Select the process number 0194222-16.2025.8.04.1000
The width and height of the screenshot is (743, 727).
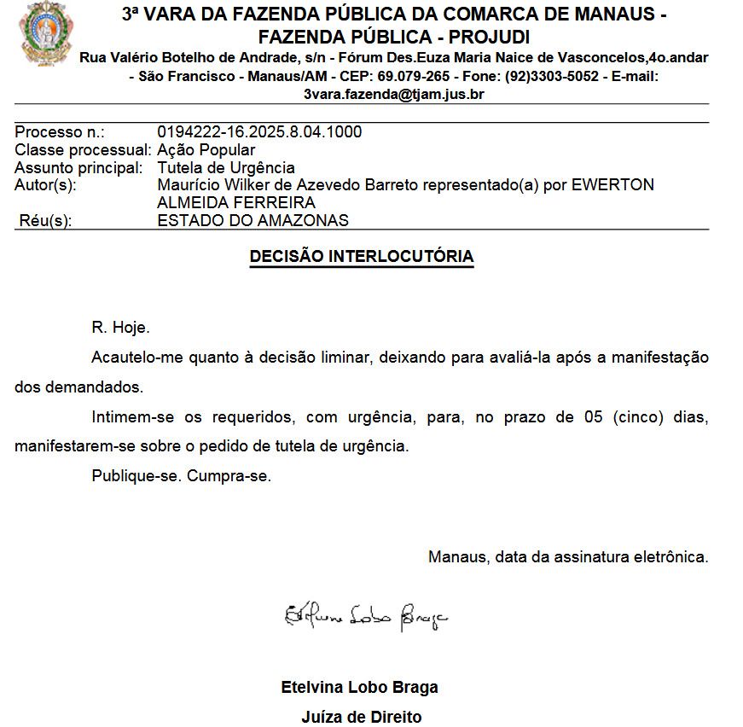tap(259, 132)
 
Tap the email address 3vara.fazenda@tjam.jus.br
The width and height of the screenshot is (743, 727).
tap(394, 95)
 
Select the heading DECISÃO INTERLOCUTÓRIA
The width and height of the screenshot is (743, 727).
tap(361, 256)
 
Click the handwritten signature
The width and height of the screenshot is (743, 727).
tap(365, 614)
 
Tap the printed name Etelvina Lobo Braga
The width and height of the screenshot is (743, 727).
tap(359, 687)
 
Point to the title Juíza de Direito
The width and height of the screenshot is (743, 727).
tap(361, 717)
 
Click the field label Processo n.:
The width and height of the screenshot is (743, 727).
tap(60, 132)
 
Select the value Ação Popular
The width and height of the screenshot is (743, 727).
tap(206, 150)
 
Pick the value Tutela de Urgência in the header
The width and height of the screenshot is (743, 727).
tap(226, 168)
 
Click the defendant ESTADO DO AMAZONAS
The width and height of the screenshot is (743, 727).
tap(253, 220)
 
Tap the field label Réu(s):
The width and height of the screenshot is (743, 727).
tap(45, 220)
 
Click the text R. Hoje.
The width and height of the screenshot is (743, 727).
tap(120, 327)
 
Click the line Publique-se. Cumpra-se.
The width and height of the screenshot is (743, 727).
tap(181, 475)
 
